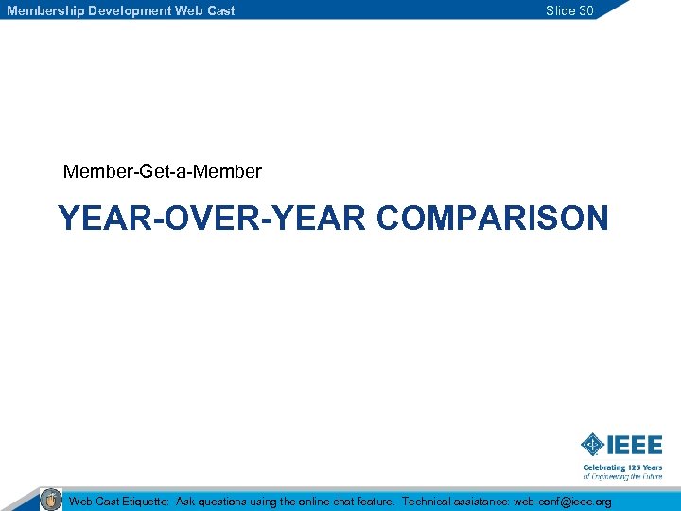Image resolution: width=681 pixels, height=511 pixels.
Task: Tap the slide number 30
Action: [x=585, y=10]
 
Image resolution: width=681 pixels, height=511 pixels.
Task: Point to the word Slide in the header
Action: [x=560, y=10]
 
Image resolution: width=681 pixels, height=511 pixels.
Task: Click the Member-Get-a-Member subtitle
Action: [x=162, y=172]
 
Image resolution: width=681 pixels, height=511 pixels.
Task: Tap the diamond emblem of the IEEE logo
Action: [x=592, y=444]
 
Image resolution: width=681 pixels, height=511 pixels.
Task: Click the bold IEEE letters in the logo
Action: [x=635, y=444]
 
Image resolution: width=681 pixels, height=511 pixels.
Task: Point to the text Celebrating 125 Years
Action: [x=622, y=467]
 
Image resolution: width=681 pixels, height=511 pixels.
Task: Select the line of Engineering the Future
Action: [x=622, y=477]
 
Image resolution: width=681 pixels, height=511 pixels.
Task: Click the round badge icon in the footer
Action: [x=51, y=500]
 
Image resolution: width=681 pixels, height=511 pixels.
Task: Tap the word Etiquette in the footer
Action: [x=143, y=502]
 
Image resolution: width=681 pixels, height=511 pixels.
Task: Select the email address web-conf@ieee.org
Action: [x=562, y=502]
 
